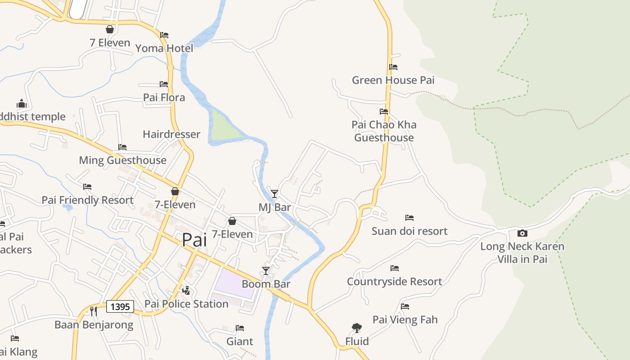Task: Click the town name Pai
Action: [x=194, y=240]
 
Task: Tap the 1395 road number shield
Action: [x=120, y=307]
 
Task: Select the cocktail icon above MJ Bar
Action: [x=274, y=194]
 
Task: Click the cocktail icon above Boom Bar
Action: [x=266, y=270]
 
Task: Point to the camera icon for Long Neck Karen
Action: [x=522, y=233]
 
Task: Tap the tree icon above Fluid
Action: [x=357, y=328]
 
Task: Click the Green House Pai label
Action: [x=393, y=80]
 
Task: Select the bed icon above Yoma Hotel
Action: [x=164, y=35]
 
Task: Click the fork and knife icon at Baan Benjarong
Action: [x=94, y=311]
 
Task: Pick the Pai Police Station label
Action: [x=186, y=304]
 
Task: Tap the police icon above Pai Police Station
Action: [x=186, y=291]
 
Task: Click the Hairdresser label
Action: [x=171, y=134]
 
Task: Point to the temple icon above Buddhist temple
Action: [x=22, y=103]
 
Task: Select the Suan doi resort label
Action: [x=409, y=231]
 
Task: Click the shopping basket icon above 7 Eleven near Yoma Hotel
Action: [x=109, y=29]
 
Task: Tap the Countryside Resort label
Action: [x=394, y=281]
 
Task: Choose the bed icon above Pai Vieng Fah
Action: [x=405, y=306]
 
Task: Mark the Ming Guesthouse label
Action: [x=122, y=160]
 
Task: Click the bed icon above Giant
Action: [x=240, y=328]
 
